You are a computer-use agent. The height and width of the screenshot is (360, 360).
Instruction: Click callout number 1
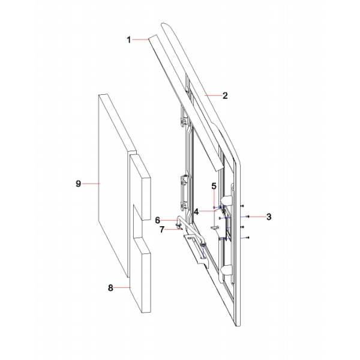tap(128, 40)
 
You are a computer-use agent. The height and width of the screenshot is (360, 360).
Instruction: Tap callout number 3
tap(269, 216)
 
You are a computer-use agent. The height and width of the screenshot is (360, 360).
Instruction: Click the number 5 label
tap(213, 186)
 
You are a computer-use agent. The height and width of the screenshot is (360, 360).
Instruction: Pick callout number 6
tap(158, 220)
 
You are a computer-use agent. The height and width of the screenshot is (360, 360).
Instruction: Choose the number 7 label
tap(161, 229)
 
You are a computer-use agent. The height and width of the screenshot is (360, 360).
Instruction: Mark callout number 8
tap(110, 288)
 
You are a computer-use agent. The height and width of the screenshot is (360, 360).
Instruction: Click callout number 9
tap(79, 184)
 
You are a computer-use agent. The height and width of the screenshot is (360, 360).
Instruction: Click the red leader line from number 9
tap(91, 184)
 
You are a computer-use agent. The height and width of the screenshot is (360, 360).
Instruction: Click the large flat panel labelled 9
tap(111, 168)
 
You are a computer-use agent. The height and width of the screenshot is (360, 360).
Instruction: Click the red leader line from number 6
tap(169, 220)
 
